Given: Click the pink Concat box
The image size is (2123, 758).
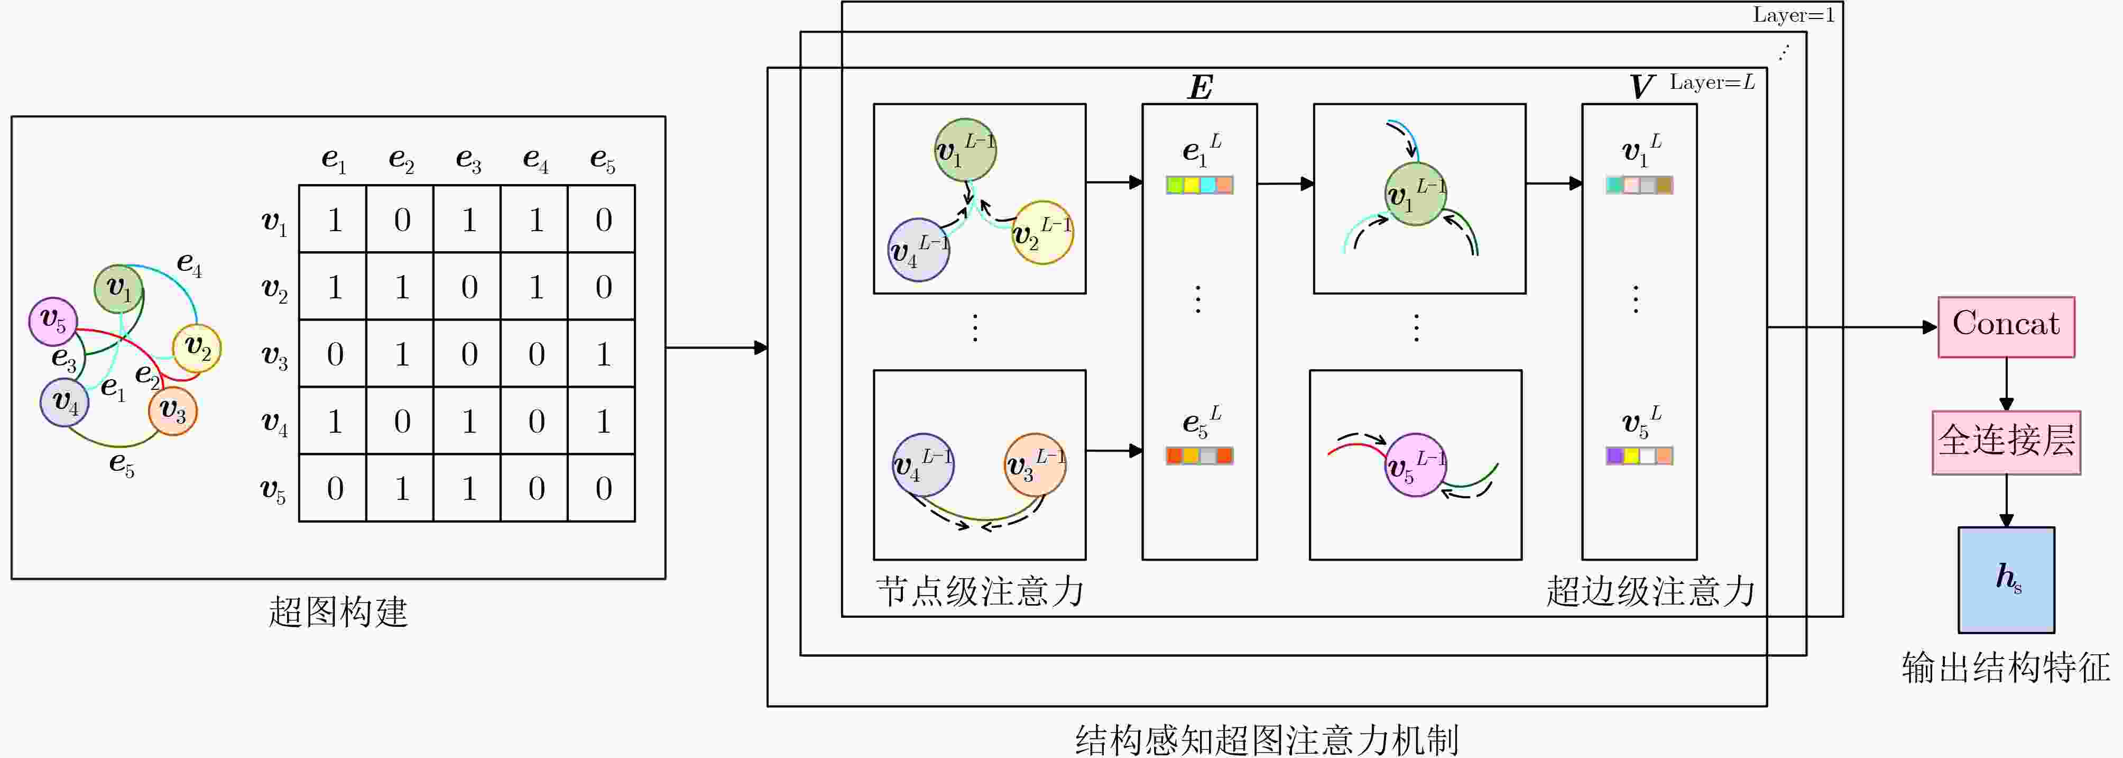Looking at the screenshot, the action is coord(2006,326).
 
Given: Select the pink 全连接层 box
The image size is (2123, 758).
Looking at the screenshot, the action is coord(2006,442).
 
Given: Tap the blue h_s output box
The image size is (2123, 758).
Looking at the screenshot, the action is coord(2006,580).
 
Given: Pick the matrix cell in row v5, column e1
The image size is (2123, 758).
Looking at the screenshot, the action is coord(334,488).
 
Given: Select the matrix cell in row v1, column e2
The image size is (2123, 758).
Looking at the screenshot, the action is coord(401,220).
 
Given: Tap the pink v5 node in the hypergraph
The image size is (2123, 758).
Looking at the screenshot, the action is coord(53,322).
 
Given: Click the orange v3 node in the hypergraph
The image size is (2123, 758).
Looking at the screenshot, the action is coord(173,411).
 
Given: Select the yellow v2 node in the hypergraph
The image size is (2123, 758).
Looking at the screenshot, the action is coord(197,348).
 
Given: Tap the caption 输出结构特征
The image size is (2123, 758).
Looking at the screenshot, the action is coord(2006,667).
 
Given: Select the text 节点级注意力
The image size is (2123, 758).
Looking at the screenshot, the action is coord(980,591).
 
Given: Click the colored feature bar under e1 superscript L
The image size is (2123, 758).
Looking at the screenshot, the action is coord(1200,185).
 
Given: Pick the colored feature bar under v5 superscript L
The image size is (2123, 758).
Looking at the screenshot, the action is coord(1639,455).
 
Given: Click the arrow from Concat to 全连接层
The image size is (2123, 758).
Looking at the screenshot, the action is coord(2006,385).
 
